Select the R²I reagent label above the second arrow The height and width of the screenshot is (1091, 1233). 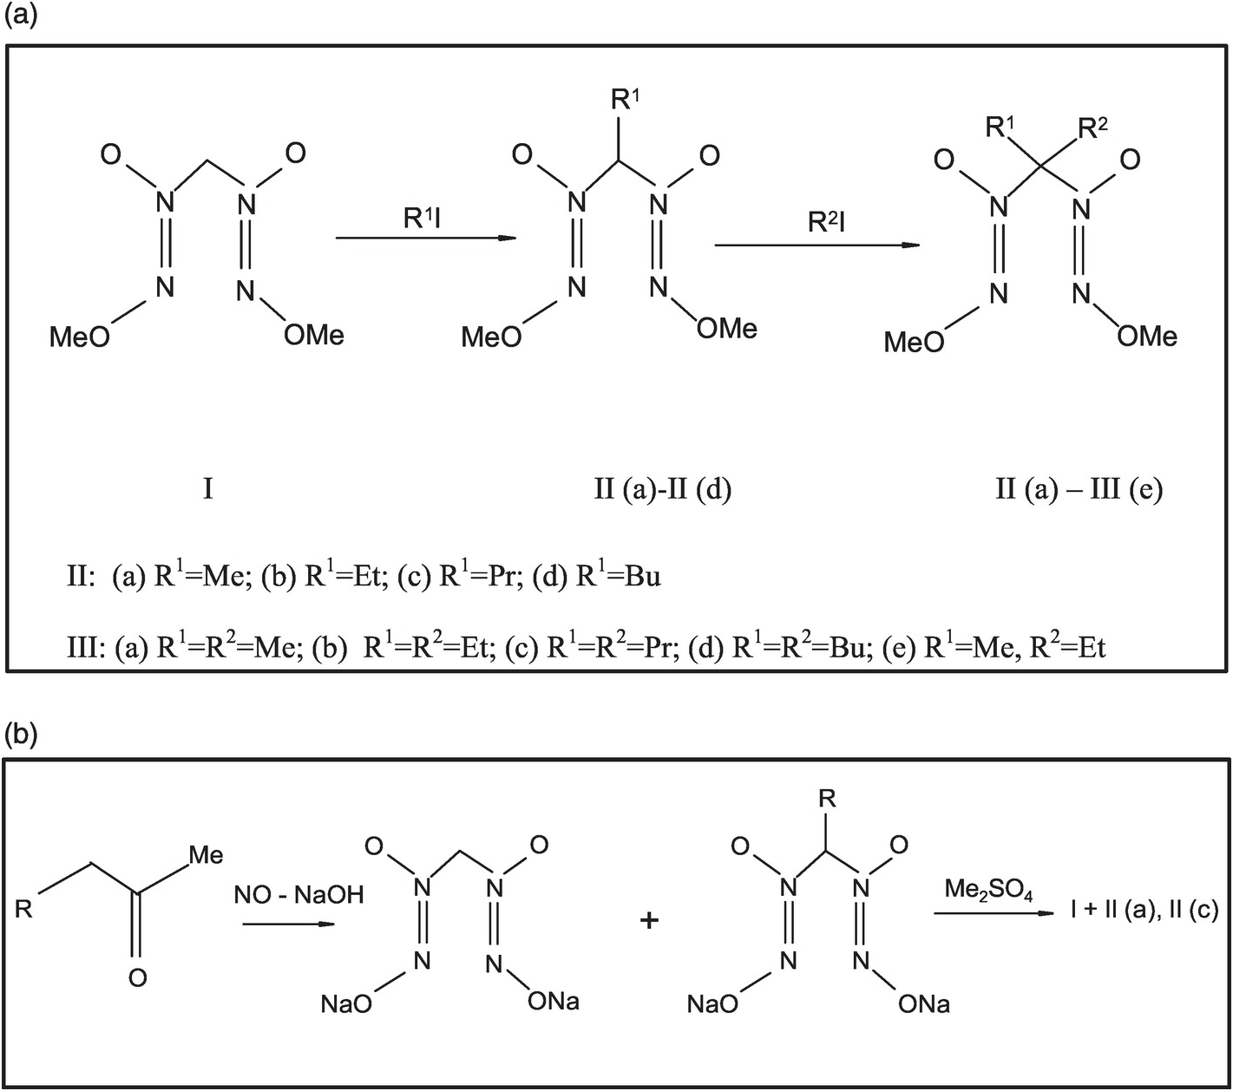click(825, 222)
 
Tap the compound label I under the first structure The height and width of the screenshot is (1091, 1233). click(207, 490)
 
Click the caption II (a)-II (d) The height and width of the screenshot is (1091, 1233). click(662, 490)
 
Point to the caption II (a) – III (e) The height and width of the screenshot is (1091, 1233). click(1078, 490)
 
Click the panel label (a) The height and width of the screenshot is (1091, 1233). click(21, 17)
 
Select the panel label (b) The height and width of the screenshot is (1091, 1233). click(21, 735)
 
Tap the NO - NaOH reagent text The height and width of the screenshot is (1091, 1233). click(298, 895)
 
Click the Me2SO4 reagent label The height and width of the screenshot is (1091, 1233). click(988, 891)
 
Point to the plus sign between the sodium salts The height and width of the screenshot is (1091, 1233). click(648, 920)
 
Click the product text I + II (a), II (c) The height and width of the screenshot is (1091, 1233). click(1144, 910)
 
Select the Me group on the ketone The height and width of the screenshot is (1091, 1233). click(206, 855)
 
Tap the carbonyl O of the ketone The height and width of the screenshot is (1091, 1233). click(137, 978)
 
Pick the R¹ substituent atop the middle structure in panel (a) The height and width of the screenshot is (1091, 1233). click(625, 100)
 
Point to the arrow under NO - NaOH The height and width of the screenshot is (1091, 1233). click(288, 924)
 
